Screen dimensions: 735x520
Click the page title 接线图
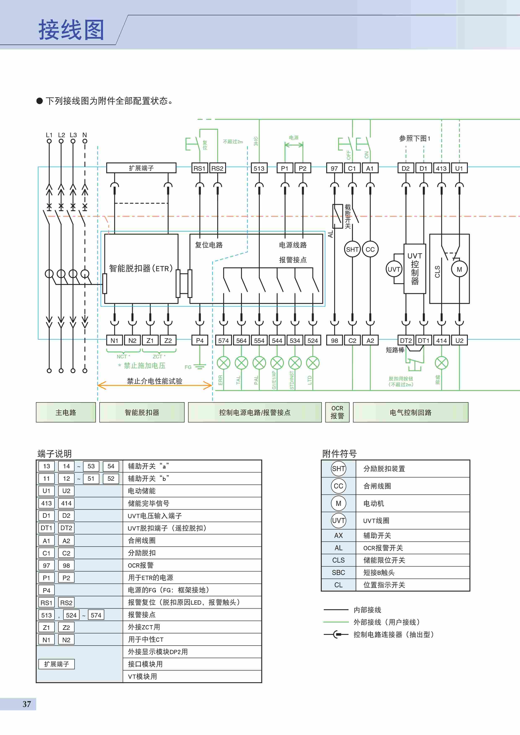pyautogui.click(x=71, y=30)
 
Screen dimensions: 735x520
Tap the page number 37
pyautogui.click(x=27, y=704)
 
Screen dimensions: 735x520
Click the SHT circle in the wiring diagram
pyautogui.click(x=352, y=249)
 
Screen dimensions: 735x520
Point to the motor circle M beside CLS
pyautogui.click(x=459, y=269)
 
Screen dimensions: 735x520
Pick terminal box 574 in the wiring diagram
pyautogui.click(x=223, y=341)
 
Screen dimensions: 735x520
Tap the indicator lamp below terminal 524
pyautogui.click(x=313, y=363)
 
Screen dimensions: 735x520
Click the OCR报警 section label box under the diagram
pyautogui.click(x=337, y=412)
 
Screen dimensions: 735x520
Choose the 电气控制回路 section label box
pyautogui.click(x=410, y=412)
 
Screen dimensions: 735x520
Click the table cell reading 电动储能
pyautogui.click(x=142, y=491)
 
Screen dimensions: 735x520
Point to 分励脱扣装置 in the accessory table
pyautogui.click(x=384, y=469)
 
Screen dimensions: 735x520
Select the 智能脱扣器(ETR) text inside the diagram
pyautogui.click(x=141, y=268)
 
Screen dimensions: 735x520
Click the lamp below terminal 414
pyautogui.click(x=442, y=363)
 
